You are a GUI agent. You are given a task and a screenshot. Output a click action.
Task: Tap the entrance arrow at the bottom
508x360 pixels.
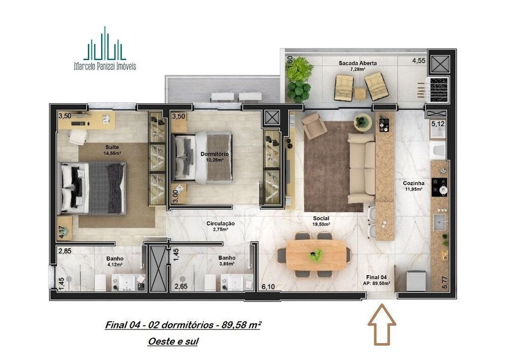(x=383, y=325)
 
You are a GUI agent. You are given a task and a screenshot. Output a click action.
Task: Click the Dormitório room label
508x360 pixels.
(x=214, y=154)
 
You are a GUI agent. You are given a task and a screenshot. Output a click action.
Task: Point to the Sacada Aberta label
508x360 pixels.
(x=358, y=63)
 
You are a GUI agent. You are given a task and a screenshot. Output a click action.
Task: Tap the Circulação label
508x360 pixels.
(x=220, y=223)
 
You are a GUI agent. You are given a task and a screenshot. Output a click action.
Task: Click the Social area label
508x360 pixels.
(x=321, y=218)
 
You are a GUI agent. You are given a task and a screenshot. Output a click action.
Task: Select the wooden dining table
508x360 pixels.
(x=316, y=254)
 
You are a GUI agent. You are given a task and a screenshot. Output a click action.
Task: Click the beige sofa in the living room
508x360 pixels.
(x=362, y=168)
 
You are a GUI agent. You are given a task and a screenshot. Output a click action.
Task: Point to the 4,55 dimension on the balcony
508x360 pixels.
(x=419, y=61)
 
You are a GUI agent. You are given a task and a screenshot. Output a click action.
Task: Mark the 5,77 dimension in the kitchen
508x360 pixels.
(x=446, y=281)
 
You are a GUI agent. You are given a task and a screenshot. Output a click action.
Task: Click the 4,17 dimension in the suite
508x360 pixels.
(x=62, y=232)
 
